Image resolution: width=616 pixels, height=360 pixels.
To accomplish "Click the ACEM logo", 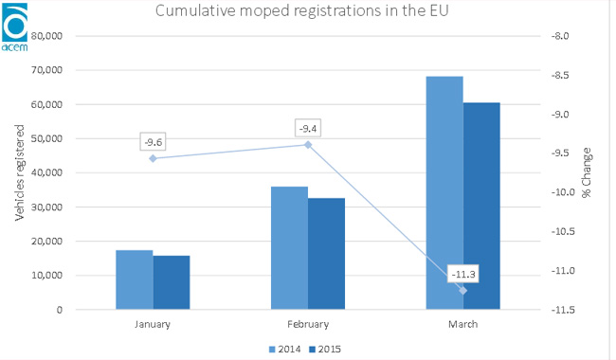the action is (15, 27).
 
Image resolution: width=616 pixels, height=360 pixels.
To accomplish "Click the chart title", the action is (301, 10).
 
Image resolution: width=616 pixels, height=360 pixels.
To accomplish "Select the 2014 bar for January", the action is (135, 279).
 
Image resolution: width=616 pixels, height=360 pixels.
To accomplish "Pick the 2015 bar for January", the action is (172, 282).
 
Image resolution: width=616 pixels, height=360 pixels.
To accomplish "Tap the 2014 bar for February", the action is (290, 248).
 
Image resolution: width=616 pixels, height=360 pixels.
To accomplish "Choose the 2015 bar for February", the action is (326, 254).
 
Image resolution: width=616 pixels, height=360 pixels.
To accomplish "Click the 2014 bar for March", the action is (444, 192).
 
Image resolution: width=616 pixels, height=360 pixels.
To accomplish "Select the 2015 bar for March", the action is (481, 207).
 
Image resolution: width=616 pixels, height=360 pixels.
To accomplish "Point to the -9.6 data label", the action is (154, 142).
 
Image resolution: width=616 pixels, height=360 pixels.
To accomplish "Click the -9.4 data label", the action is (308, 129).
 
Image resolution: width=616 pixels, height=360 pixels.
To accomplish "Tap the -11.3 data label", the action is (463, 274).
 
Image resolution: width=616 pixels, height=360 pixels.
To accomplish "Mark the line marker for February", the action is (308, 145).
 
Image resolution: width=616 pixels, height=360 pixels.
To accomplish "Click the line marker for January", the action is (154, 158).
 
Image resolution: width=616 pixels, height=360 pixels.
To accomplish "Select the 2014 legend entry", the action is (285, 349).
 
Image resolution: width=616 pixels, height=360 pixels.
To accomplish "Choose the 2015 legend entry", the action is (325, 349).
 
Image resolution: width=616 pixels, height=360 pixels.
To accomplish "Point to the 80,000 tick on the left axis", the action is (46, 36).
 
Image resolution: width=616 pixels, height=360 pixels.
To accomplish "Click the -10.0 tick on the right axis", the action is (563, 192).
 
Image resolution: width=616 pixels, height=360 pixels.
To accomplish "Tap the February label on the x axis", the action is (308, 324).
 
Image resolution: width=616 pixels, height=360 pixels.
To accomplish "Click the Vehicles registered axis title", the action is (19, 172).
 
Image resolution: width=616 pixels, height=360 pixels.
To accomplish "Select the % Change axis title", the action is (586, 172).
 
